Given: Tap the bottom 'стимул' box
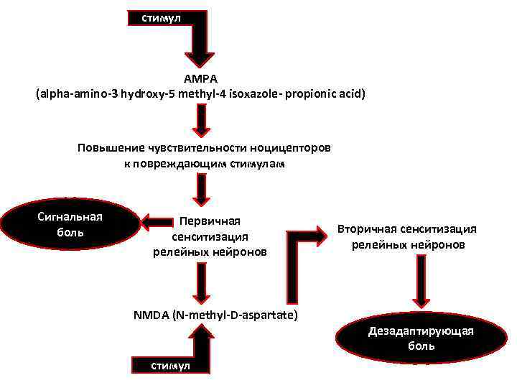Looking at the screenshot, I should point(171,366).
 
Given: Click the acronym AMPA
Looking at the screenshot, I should point(200,78).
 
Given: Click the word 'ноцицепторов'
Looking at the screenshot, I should point(290,148).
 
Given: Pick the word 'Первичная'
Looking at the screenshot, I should point(210,221).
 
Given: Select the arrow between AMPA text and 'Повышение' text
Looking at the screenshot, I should point(202,119).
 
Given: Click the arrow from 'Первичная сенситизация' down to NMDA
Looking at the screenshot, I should point(202,282).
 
